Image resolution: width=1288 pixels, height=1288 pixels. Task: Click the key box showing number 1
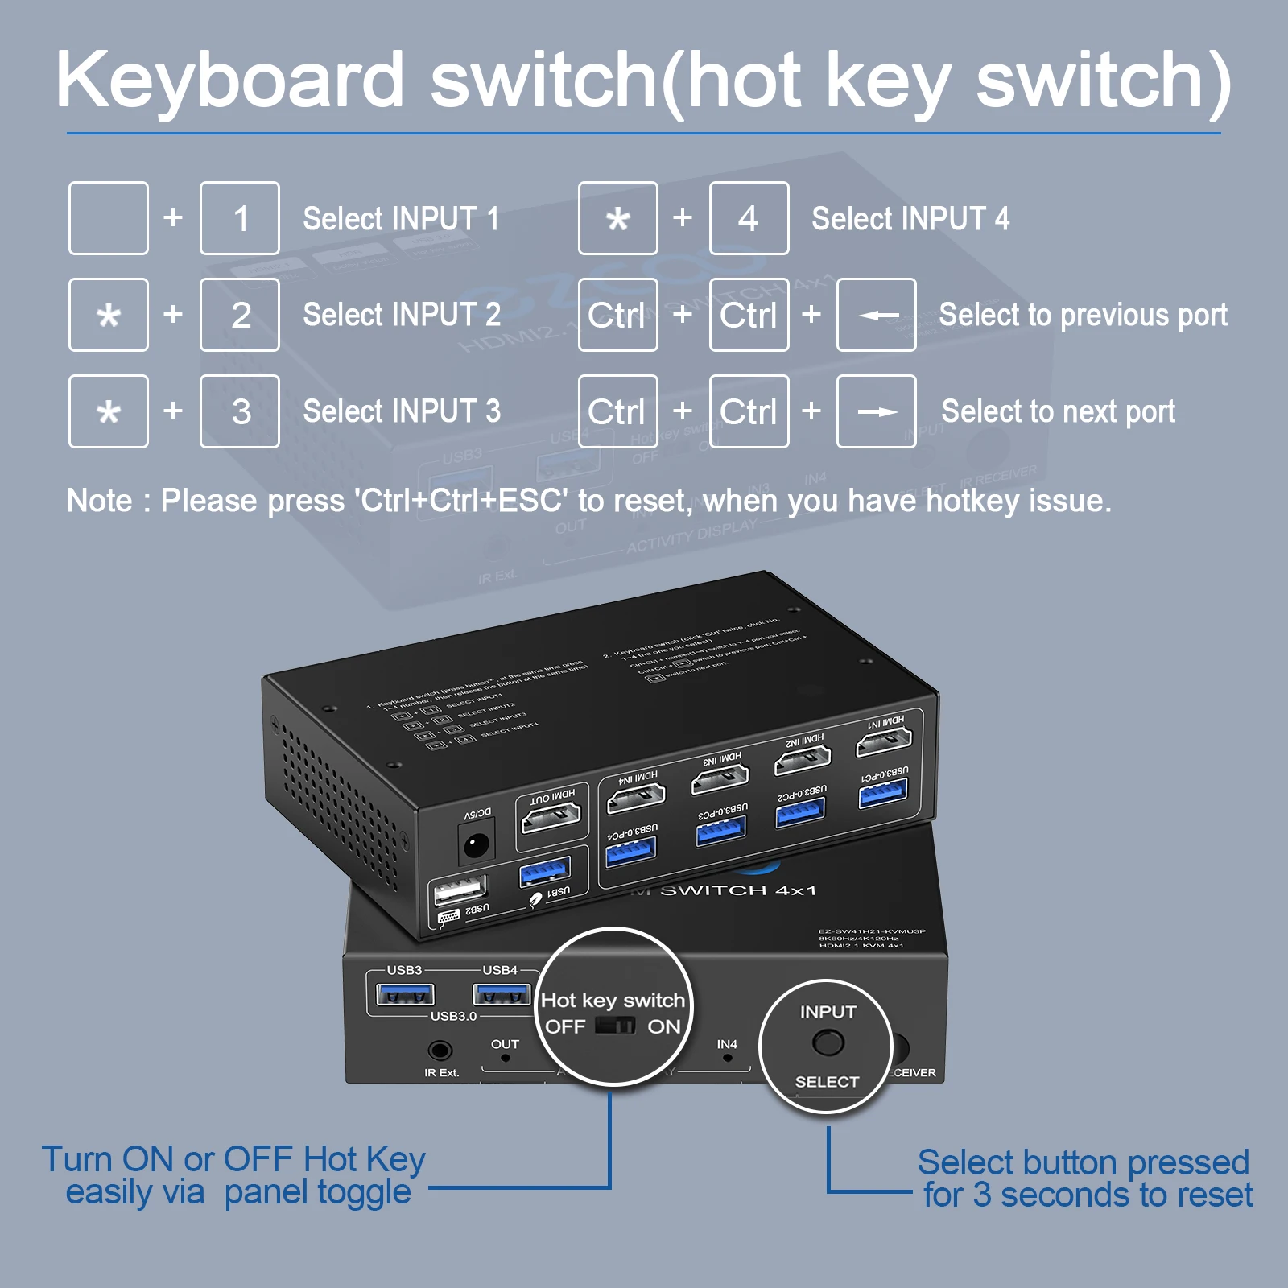240,218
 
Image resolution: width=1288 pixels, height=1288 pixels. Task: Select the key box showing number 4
749,218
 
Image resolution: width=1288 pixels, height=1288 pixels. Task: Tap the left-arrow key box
876,315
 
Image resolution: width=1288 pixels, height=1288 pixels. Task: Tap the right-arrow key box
876,411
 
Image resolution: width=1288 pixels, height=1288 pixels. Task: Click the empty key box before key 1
109,218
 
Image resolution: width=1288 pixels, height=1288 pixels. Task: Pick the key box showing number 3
240,411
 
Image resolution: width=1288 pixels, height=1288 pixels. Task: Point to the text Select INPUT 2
401,315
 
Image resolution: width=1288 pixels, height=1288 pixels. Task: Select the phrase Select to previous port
1083,315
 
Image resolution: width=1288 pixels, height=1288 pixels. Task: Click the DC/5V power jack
476,845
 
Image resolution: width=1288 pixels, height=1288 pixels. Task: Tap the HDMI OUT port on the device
551,818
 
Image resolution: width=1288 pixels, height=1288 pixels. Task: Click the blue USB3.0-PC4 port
631,850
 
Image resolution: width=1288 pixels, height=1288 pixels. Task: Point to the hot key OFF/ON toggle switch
615,1026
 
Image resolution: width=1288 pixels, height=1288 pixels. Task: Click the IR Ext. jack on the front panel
440,1050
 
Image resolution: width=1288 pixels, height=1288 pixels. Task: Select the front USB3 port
405,995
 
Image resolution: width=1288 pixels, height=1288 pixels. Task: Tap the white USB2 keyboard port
460,890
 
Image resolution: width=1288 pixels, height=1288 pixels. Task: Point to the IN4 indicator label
727,1044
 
